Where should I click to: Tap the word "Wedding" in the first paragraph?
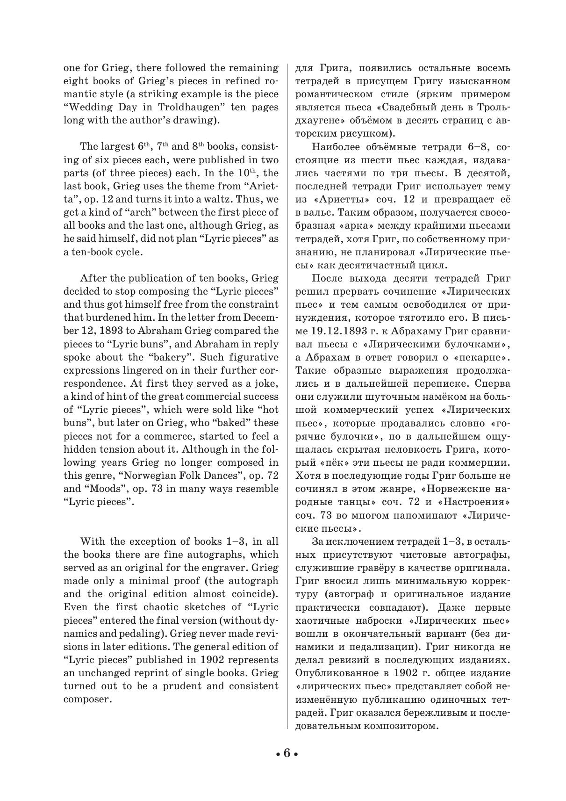[x=86, y=107]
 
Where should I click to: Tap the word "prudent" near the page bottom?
[x=179, y=686]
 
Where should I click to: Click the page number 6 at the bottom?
[x=287, y=753]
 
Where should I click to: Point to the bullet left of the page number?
[x=278, y=754]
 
